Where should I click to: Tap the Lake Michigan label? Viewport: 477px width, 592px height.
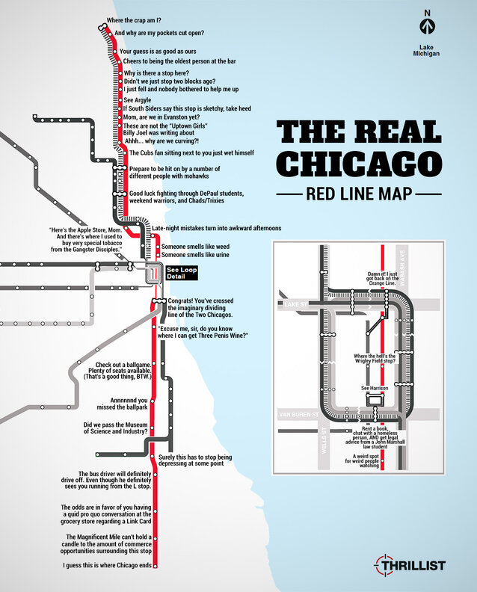[427, 50]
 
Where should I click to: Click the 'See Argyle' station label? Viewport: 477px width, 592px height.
[138, 99]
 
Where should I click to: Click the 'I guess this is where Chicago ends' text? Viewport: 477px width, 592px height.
[107, 566]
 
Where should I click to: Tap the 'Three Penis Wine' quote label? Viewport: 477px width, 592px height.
[202, 332]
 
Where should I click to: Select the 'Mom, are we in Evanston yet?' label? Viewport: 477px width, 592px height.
[161, 117]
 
